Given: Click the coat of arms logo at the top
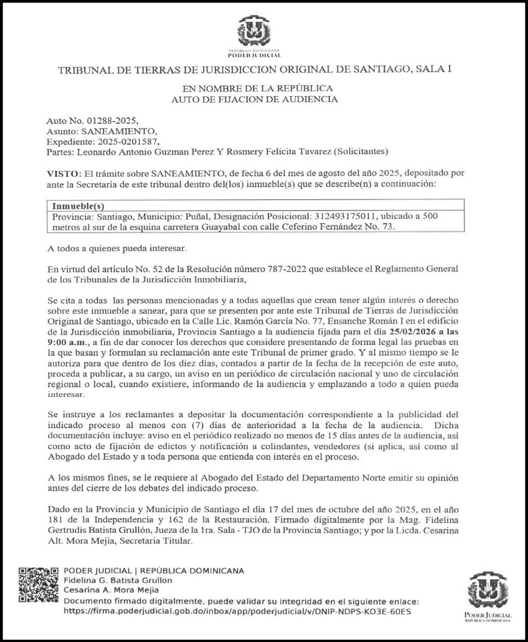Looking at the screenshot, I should click(254, 32).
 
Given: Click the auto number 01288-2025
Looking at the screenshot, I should click(106, 121).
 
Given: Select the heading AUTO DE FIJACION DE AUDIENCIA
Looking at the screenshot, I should click(254, 99).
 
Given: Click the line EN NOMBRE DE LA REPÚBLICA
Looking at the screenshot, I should click(257, 88).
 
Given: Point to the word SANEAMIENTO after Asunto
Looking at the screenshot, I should click(118, 131).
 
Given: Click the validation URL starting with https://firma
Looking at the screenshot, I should click(238, 611).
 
